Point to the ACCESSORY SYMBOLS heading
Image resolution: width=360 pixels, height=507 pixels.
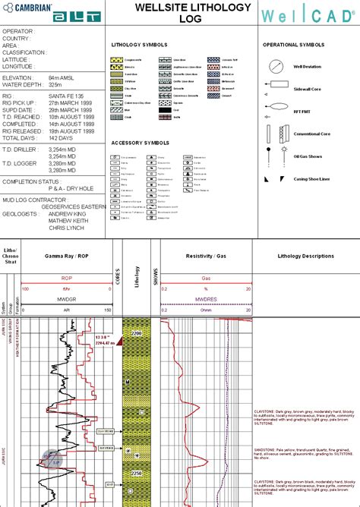pos(140,142)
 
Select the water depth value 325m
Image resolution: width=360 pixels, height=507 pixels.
pos(58,84)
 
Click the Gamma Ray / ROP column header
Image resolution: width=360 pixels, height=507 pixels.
pos(67,257)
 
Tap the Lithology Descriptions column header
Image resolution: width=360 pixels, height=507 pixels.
pos(306,257)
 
